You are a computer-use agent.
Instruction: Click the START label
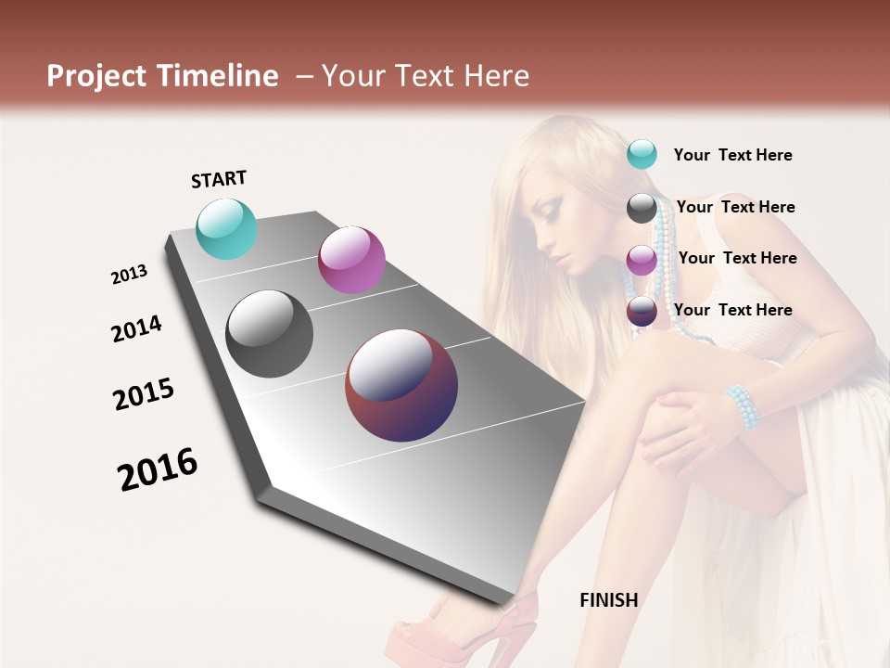pos(219,179)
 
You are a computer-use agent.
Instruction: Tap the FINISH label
pos(608,600)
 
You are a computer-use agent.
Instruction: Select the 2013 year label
pos(129,275)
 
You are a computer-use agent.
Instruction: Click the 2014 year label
pos(136,329)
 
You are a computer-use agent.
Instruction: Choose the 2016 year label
pos(158,469)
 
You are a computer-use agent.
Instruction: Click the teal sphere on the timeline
pos(226,228)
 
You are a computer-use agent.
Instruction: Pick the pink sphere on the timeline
pos(351,260)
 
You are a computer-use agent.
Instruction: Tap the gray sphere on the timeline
pos(270,334)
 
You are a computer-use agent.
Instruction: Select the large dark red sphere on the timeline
pos(401,384)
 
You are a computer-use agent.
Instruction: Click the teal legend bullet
pos(642,155)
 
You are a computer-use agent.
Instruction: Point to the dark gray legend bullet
pos(642,208)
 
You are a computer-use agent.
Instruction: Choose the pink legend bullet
pos(642,260)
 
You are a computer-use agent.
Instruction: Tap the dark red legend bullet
pos(642,311)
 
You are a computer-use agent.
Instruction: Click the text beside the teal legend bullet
pos(732,156)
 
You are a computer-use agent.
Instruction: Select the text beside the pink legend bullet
pos(737,258)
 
